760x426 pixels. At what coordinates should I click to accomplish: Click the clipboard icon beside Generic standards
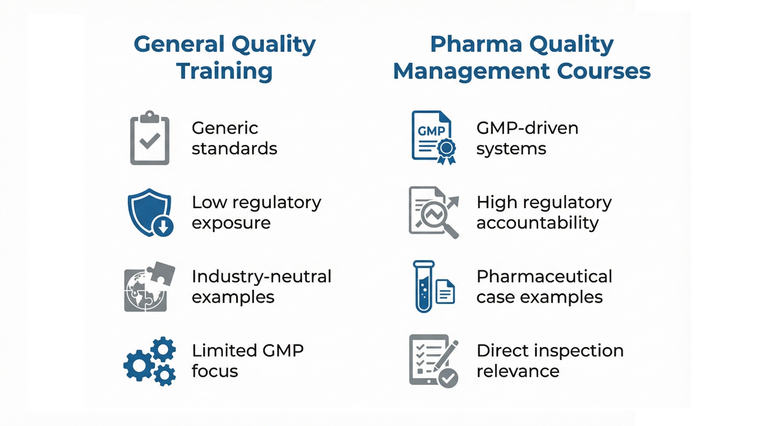point(149,139)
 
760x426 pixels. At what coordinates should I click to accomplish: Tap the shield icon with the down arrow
point(149,213)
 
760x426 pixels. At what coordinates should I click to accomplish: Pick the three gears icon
point(150,361)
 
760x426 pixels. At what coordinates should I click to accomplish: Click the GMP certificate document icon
point(432,137)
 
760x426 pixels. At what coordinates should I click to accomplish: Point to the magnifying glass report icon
point(433,213)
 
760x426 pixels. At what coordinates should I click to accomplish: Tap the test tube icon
point(424,287)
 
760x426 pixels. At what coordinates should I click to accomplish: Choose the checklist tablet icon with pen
point(433,361)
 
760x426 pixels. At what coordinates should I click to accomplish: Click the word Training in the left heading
point(224,71)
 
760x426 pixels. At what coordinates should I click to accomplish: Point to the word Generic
point(225,128)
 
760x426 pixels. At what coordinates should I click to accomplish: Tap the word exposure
point(231,223)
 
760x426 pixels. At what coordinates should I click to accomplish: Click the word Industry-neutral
point(261,277)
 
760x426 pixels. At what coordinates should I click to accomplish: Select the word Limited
point(224,351)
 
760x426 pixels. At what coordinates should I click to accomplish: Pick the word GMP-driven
point(527,128)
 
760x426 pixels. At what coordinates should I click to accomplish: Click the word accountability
point(537,223)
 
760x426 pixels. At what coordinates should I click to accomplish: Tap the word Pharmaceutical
point(544,277)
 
